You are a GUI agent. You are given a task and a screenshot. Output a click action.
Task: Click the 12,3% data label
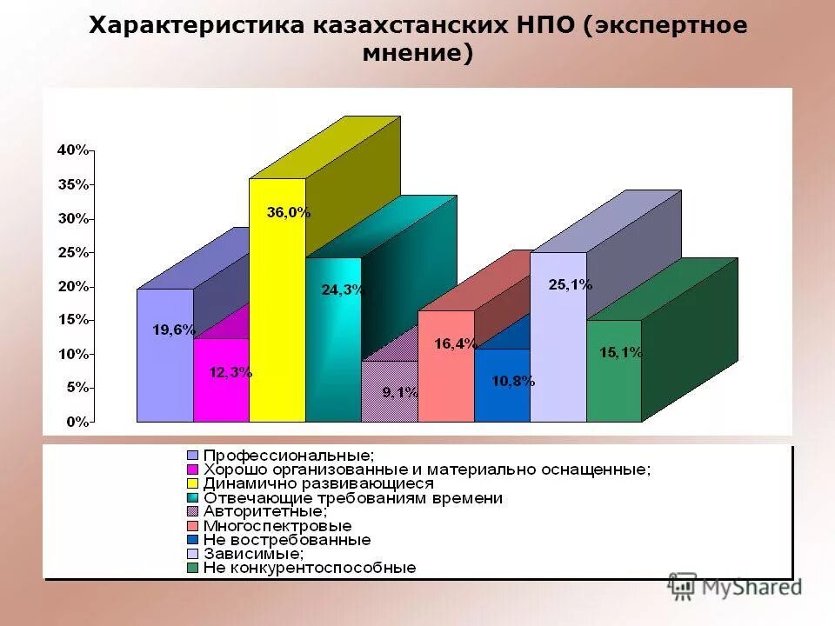point(230,372)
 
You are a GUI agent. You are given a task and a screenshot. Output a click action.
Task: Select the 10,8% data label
point(513,380)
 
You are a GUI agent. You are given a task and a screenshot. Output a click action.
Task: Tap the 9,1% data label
point(401,392)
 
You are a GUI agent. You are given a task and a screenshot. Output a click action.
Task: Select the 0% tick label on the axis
point(77,422)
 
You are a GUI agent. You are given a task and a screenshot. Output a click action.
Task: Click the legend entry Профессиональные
point(289,455)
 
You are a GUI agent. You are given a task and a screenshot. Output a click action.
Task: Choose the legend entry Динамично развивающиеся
point(317,483)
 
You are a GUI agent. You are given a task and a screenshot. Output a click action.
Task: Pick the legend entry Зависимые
point(253,553)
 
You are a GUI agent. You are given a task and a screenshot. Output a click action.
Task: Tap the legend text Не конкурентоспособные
point(310,568)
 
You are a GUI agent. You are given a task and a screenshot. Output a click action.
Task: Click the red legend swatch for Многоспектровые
point(193,526)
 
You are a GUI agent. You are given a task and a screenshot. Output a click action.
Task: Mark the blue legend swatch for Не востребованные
point(193,540)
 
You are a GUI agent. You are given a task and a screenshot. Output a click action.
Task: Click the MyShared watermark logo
point(735,586)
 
